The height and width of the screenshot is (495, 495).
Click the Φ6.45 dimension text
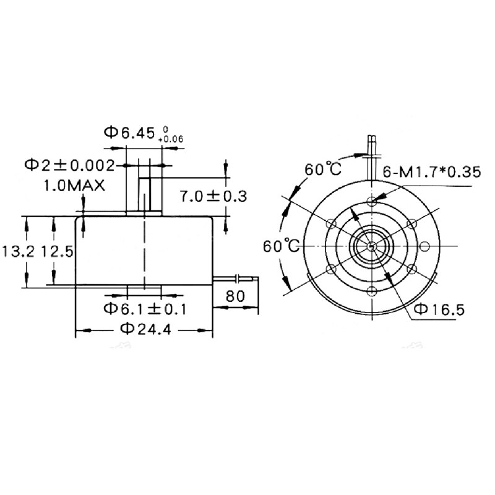pyautogui.click(x=131, y=132)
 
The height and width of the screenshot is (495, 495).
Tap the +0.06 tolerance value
pyautogui.click(x=171, y=140)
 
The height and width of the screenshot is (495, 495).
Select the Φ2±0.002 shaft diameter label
pyautogui.click(x=69, y=165)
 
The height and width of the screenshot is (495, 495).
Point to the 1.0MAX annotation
pyautogui.click(x=73, y=185)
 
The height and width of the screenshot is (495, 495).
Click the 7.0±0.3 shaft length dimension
pyautogui.click(x=213, y=196)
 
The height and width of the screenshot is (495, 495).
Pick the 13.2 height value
pyautogui.click(x=14, y=251)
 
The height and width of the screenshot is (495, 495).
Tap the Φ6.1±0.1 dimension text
pyautogui.click(x=145, y=308)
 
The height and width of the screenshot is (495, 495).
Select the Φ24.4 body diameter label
pyautogui.click(x=145, y=329)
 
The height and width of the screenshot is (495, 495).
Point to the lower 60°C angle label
pyautogui.click(x=280, y=246)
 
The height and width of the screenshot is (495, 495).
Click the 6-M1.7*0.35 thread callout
pyautogui.click(x=431, y=172)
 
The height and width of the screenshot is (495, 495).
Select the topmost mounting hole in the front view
pyautogui.click(x=371, y=201)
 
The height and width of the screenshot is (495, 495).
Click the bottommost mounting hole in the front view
pyautogui.click(x=371, y=292)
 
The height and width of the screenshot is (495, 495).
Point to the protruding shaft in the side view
pyautogui.click(x=145, y=194)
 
